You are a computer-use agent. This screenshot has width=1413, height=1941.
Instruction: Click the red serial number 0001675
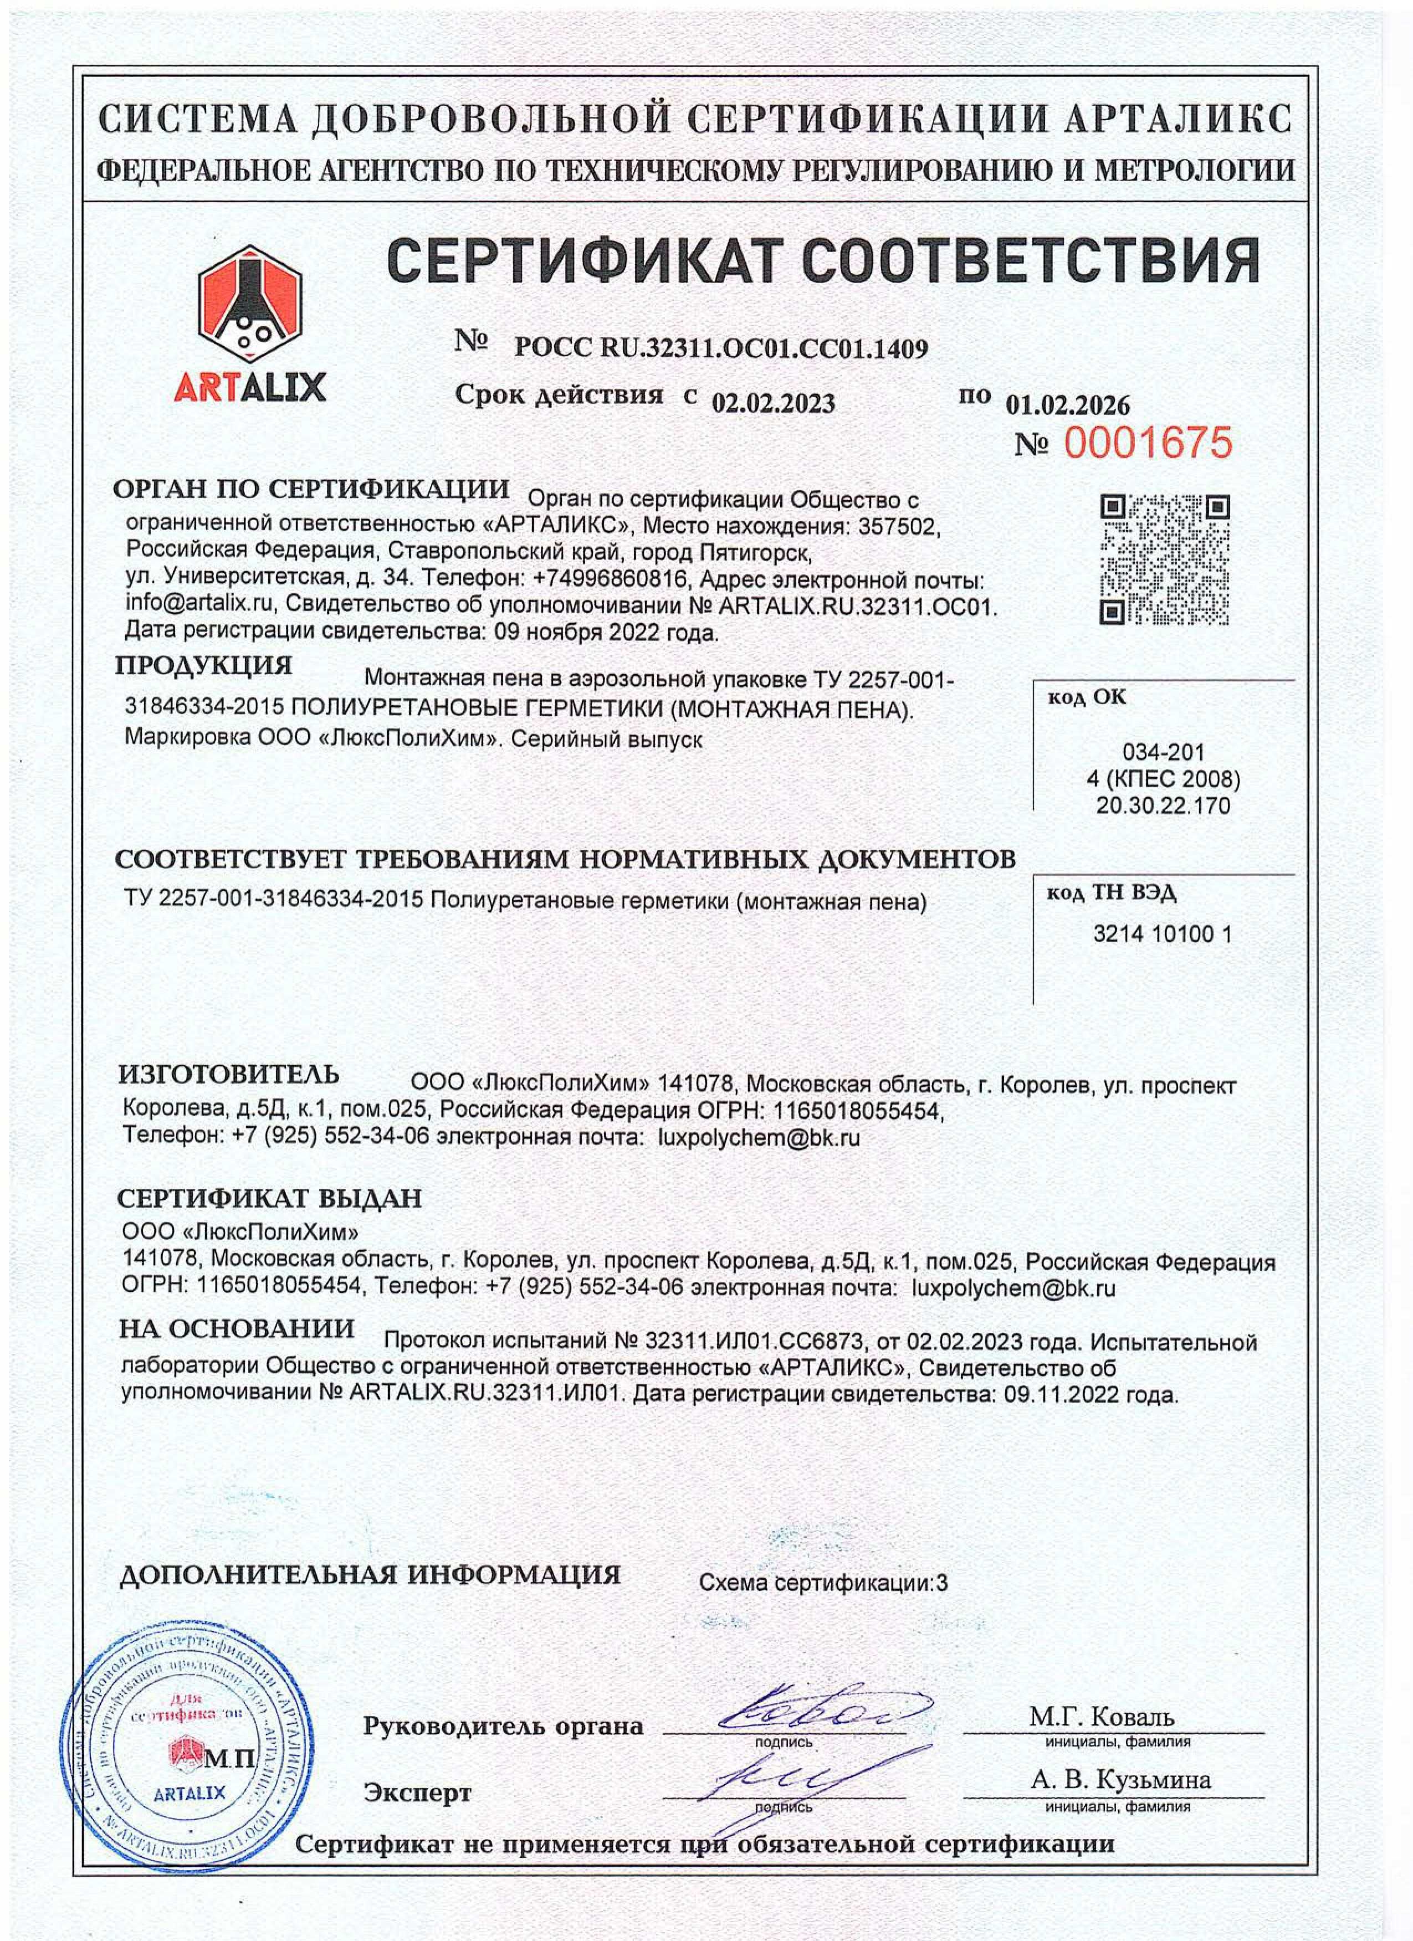[x=1147, y=443]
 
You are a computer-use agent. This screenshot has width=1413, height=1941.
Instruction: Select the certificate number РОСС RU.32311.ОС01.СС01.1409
[x=720, y=348]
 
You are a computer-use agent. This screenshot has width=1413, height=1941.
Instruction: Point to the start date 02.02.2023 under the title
[x=774, y=402]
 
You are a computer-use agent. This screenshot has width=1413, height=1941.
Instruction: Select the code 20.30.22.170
[x=1163, y=805]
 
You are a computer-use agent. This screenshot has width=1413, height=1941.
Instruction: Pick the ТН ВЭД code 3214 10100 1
[x=1162, y=934]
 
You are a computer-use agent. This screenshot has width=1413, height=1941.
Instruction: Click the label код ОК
[x=1087, y=697]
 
